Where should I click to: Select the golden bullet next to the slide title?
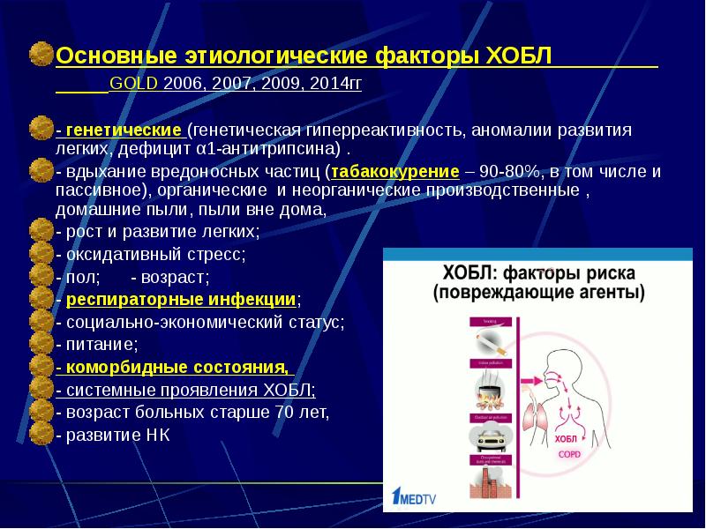41,56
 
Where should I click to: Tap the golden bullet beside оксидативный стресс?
41,255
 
